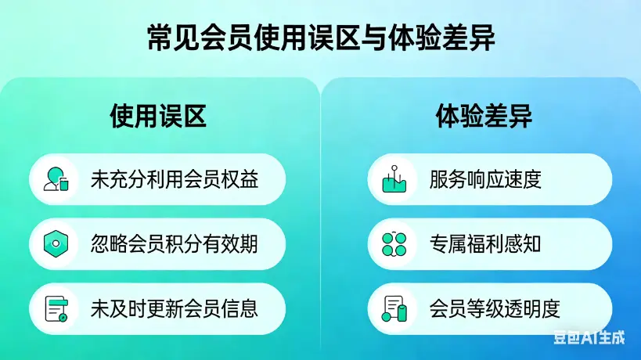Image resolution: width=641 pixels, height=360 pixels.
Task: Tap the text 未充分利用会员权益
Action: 175,180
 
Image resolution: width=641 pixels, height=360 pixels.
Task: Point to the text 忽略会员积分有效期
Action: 175,244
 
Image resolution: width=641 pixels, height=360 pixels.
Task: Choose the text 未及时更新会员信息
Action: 175,308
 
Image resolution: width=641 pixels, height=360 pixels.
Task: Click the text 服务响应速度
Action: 485,180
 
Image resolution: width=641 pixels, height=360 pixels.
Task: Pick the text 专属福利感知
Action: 485,244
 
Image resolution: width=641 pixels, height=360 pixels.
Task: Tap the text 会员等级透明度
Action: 495,308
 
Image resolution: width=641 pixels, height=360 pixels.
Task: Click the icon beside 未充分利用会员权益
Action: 56,180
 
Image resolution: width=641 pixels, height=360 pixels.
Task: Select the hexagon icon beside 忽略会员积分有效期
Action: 56,244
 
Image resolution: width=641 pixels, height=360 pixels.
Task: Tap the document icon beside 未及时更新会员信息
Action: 56,308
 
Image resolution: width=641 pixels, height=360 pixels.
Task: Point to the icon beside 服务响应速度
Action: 394,180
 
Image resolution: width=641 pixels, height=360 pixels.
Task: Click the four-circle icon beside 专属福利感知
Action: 394,244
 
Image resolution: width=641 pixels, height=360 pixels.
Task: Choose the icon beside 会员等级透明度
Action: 394,308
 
